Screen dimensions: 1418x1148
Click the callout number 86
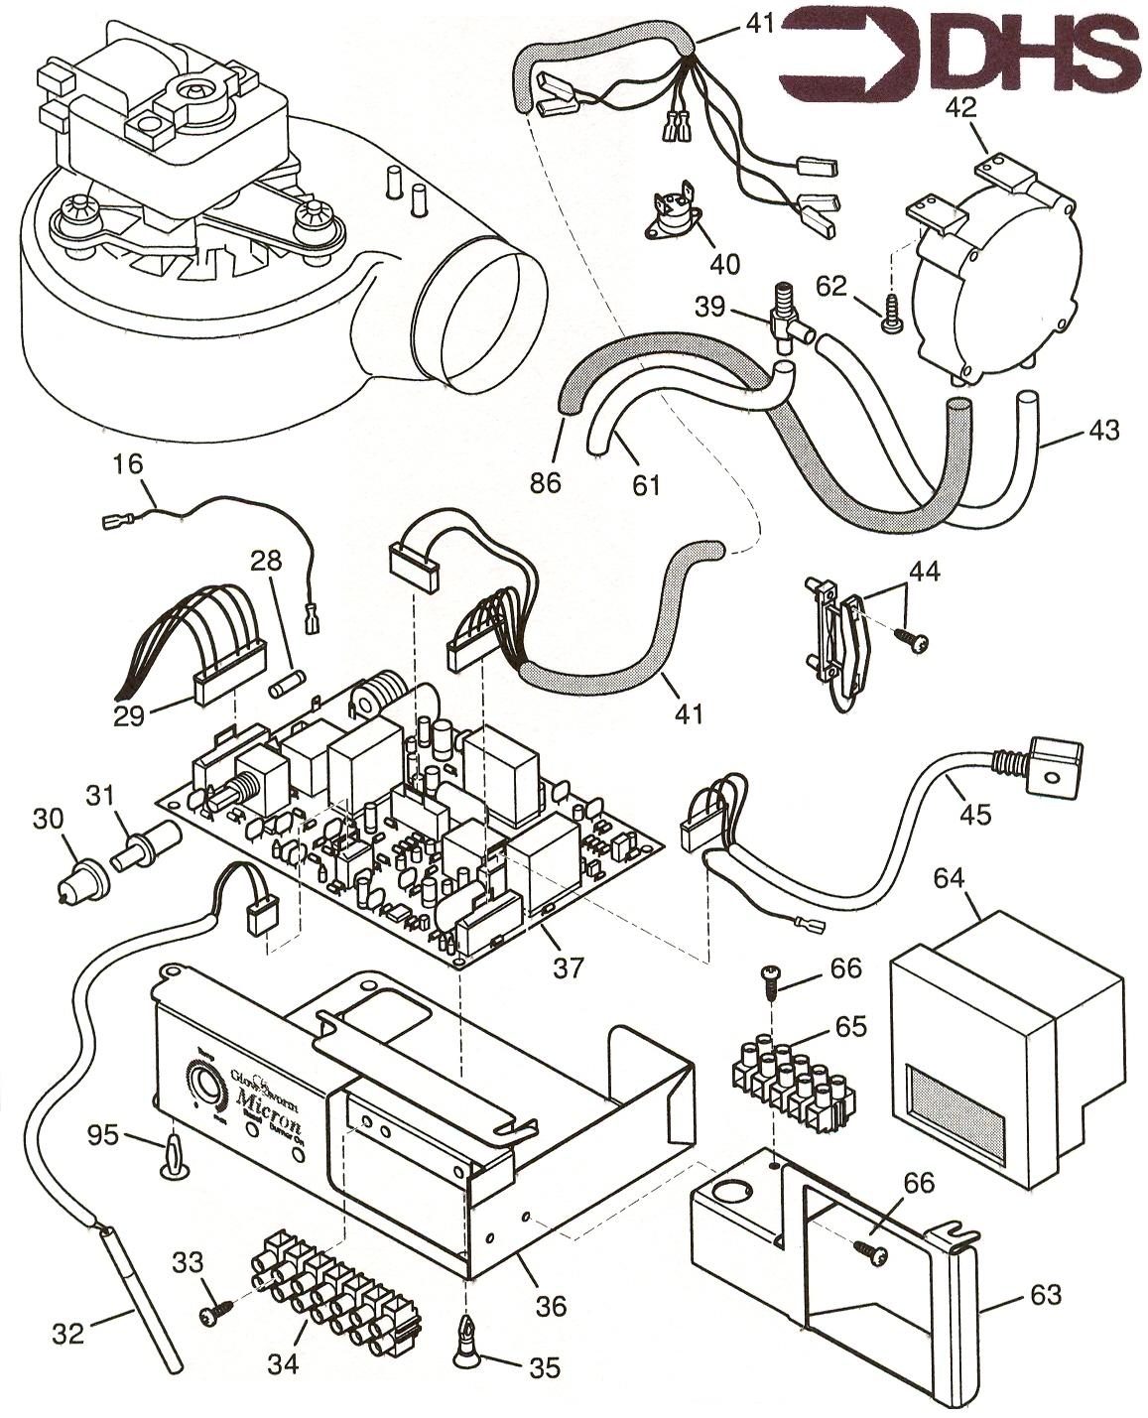tap(546, 482)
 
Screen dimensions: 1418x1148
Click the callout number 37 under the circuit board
tap(568, 966)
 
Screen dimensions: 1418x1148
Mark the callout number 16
tap(127, 462)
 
